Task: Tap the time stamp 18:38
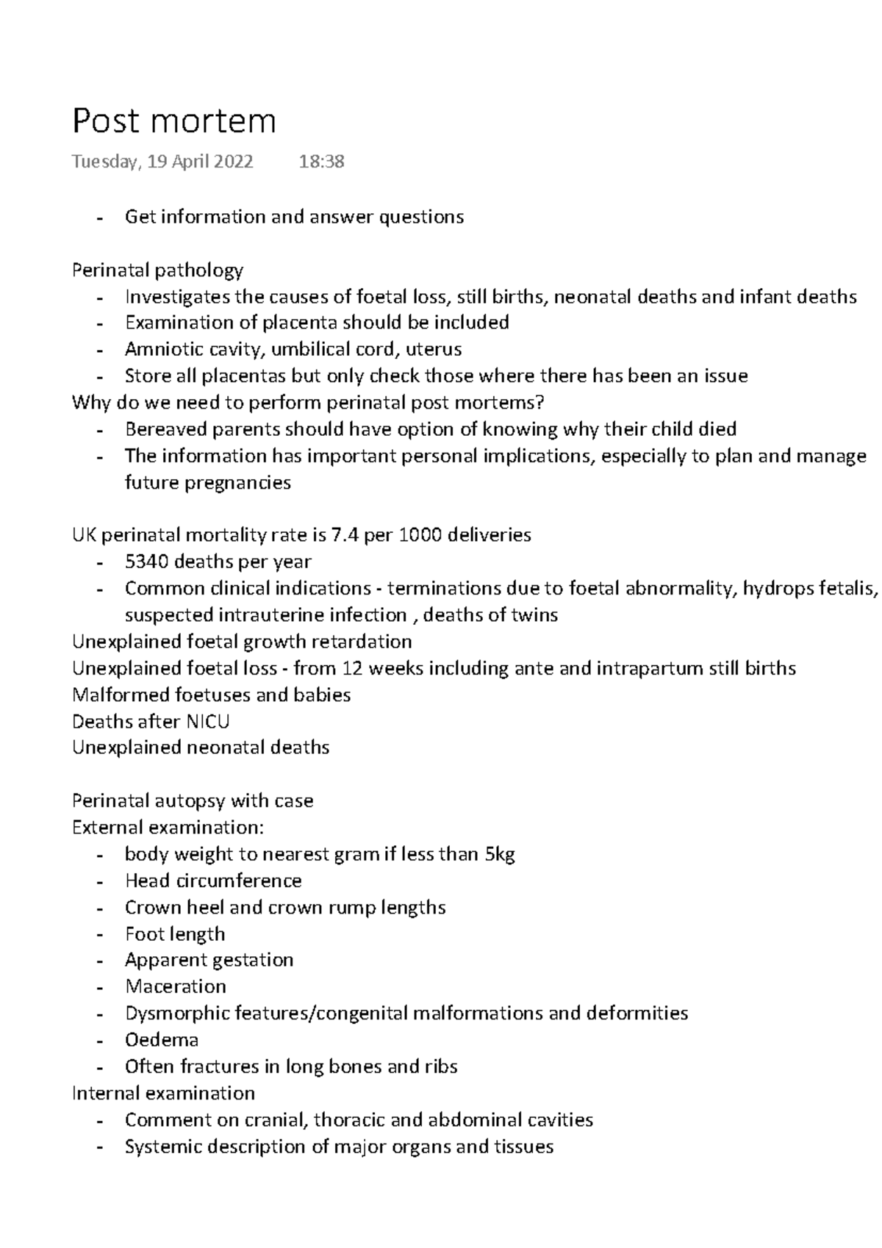point(321,162)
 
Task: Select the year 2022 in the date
point(231,162)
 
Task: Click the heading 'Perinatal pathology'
point(157,270)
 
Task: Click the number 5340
point(147,562)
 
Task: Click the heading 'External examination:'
point(168,828)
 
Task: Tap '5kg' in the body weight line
point(499,855)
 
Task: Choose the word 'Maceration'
point(176,987)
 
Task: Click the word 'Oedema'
point(162,1040)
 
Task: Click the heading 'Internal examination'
point(163,1094)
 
